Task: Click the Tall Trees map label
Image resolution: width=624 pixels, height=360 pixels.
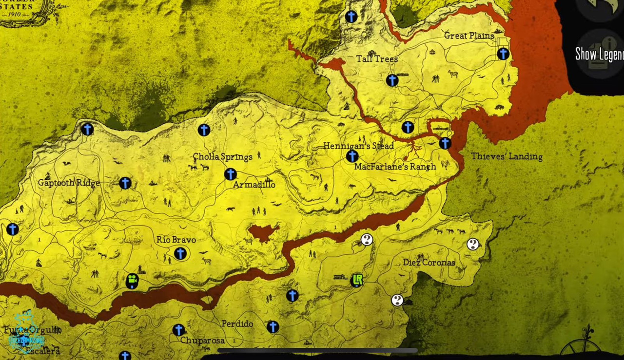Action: click(x=377, y=59)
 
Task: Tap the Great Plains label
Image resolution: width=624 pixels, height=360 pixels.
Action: click(x=469, y=36)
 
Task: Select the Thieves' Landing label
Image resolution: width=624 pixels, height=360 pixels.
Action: click(x=507, y=156)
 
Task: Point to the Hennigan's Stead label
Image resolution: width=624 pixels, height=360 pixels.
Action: click(x=358, y=146)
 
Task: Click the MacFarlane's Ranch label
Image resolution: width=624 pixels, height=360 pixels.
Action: click(x=395, y=167)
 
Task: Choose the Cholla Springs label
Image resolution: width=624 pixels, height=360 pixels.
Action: click(x=222, y=157)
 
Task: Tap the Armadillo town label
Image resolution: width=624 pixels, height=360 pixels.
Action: click(x=254, y=185)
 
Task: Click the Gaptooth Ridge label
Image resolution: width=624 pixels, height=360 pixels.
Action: click(x=69, y=183)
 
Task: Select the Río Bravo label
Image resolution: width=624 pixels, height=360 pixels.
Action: click(x=176, y=240)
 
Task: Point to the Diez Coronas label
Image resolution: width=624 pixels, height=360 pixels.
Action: click(x=429, y=263)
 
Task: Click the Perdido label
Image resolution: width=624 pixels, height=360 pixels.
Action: click(x=237, y=324)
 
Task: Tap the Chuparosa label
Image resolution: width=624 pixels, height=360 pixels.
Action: click(x=202, y=341)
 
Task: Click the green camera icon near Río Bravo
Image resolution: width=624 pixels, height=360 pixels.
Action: click(x=132, y=281)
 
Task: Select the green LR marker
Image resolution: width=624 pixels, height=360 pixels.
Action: click(x=357, y=280)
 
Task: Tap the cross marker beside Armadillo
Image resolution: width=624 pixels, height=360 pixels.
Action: click(x=231, y=174)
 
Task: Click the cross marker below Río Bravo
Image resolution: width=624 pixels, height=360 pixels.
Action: click(x=180, y=253)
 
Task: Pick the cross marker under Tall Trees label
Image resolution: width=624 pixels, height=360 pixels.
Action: click(x=392, y=80)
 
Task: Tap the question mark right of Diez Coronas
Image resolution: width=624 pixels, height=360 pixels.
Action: click(x=473, y=245)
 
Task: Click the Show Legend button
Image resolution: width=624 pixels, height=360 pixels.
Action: click(x=599, y=54)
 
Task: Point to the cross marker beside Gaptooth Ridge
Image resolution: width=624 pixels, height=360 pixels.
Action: click(x=125, y=183)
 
